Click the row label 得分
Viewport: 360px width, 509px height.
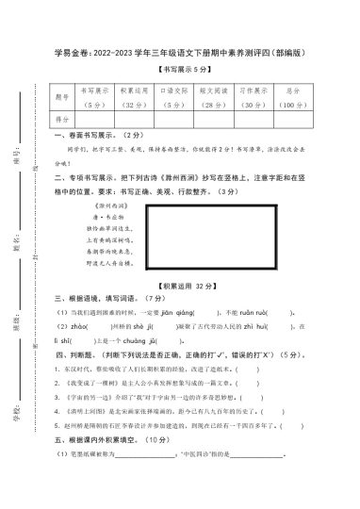tap(62, 121)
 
